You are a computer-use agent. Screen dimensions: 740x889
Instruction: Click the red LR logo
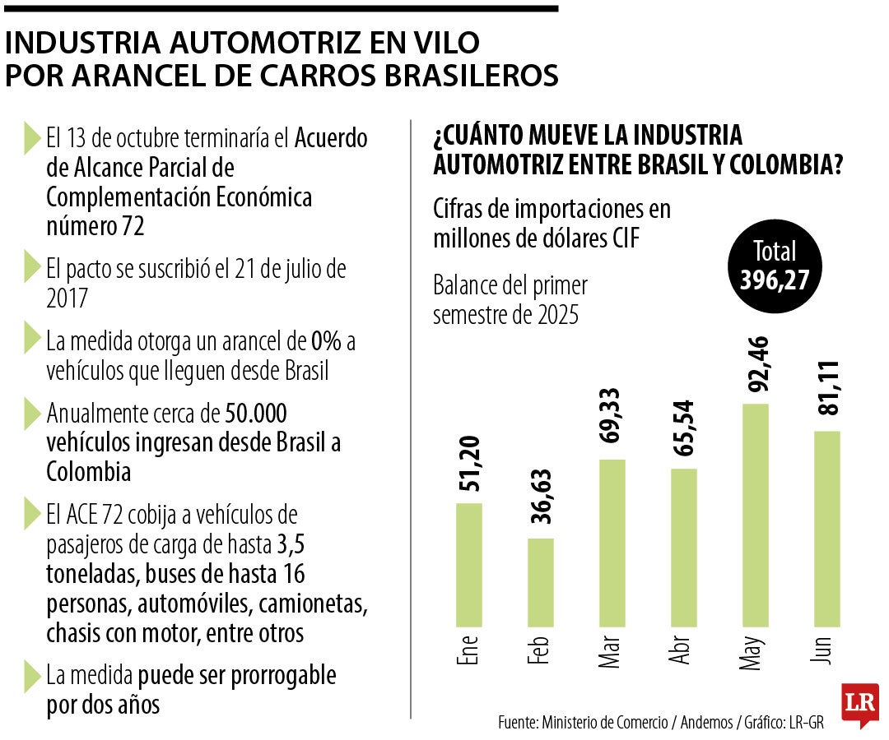click(x=859, y=704)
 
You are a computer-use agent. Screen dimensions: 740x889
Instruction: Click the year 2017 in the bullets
click(x=67, y=298)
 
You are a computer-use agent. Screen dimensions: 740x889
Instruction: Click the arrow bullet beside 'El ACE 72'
click(x=32, y=515)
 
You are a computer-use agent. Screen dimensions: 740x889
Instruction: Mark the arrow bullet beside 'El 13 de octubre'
click(x=32, y=137)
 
